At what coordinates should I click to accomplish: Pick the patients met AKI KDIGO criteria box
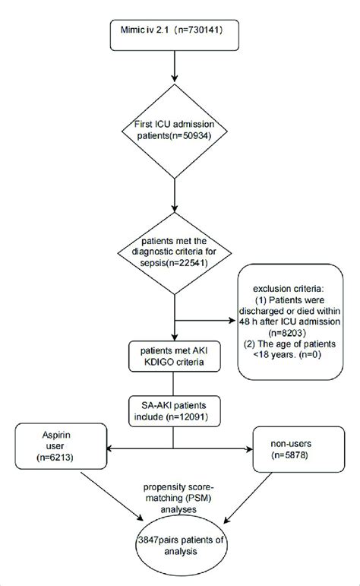point(176,358)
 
